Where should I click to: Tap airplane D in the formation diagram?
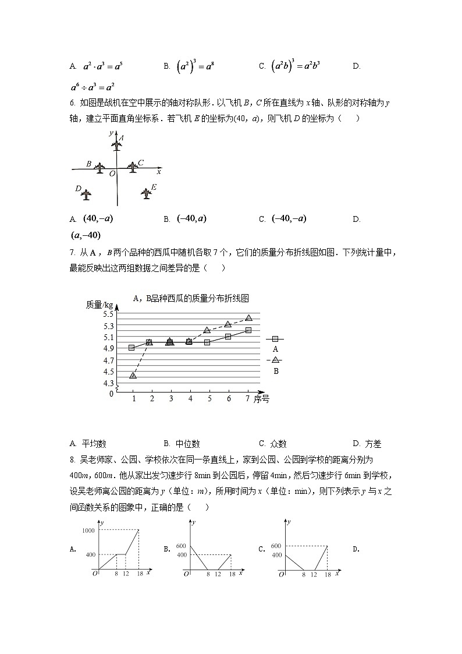(87, 193)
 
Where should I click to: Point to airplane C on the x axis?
(133, 167)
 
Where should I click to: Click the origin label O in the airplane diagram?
(112, 174)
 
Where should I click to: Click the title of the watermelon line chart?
(191, 298)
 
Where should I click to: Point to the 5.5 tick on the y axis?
(109, 314)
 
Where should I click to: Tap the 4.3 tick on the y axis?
(109, 383)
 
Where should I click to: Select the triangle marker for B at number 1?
(133, 376)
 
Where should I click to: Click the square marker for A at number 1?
(132, 348)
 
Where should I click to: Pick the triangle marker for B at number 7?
(248, 318)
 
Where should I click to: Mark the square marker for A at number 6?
(228, 337)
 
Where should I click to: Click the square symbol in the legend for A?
(275, 338)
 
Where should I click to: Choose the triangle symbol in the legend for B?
(275, 360)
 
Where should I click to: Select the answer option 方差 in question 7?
(373, 444)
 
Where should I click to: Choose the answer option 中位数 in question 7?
(190, 444)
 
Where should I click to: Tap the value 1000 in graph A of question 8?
(88, 530)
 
